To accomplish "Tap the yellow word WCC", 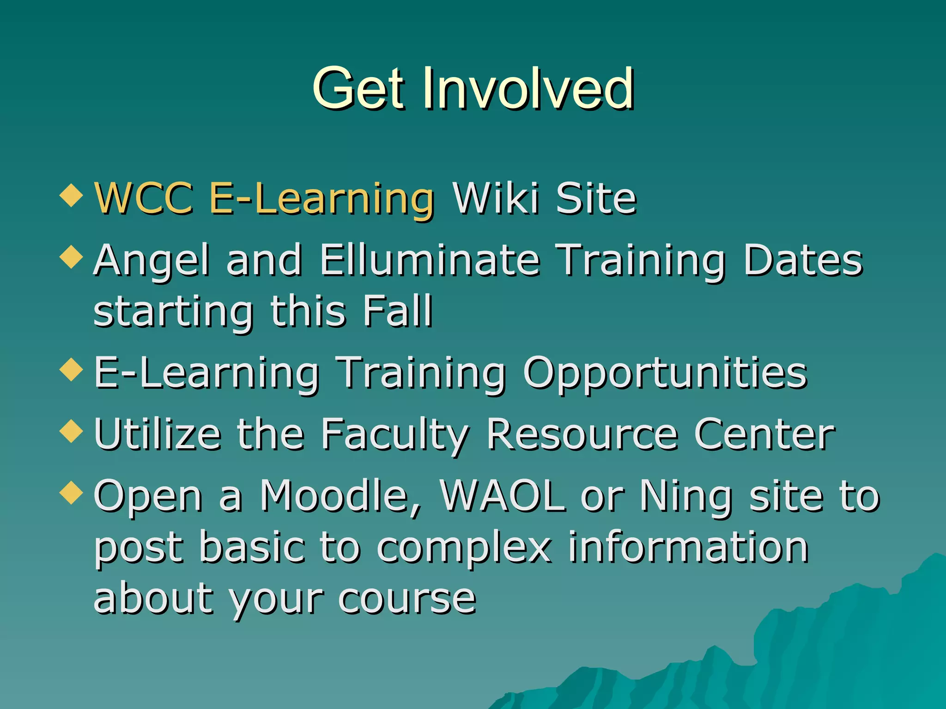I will click(x=144, y=198).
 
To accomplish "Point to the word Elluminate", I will click(x=430, y=260).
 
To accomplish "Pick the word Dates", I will click(x=802, y=260).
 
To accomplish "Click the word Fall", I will click(x=397, y=311).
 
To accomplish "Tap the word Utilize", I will click(x=158, y=434).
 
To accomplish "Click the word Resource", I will click(x=582, y=434).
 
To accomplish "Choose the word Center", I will click(x=764, y=434).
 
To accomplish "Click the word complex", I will click(x=464, y=548).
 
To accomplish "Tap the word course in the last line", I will click(x=407, y=599).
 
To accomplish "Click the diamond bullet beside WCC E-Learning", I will click(x=71, y=195).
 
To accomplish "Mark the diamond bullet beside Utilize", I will click(x=71, y=431).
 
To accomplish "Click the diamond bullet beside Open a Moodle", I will click(x=71, y=493).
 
